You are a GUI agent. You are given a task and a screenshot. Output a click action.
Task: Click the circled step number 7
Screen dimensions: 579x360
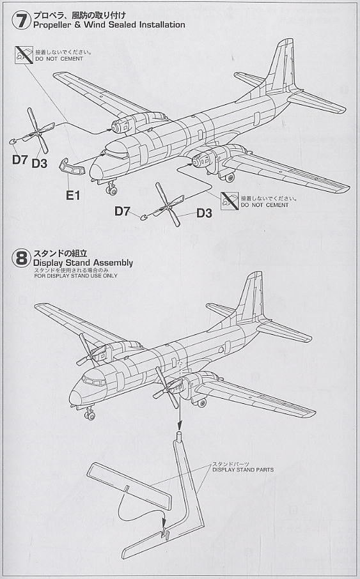(21, 20)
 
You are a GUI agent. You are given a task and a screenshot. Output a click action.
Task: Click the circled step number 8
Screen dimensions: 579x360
(21, 258)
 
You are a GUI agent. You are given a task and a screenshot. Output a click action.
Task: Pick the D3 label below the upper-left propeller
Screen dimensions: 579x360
(40, 163)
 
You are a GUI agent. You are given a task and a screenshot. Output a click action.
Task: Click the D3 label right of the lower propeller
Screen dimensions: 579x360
(204, 213)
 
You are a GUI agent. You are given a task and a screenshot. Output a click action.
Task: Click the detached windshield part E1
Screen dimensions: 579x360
(71, 167)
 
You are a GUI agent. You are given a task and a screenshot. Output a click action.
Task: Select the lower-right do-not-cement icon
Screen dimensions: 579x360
(230, 201)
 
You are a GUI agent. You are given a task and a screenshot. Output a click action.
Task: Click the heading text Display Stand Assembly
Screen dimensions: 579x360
(82, 263)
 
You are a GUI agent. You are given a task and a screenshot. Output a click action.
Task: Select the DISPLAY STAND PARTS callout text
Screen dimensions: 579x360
(243, 470)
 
